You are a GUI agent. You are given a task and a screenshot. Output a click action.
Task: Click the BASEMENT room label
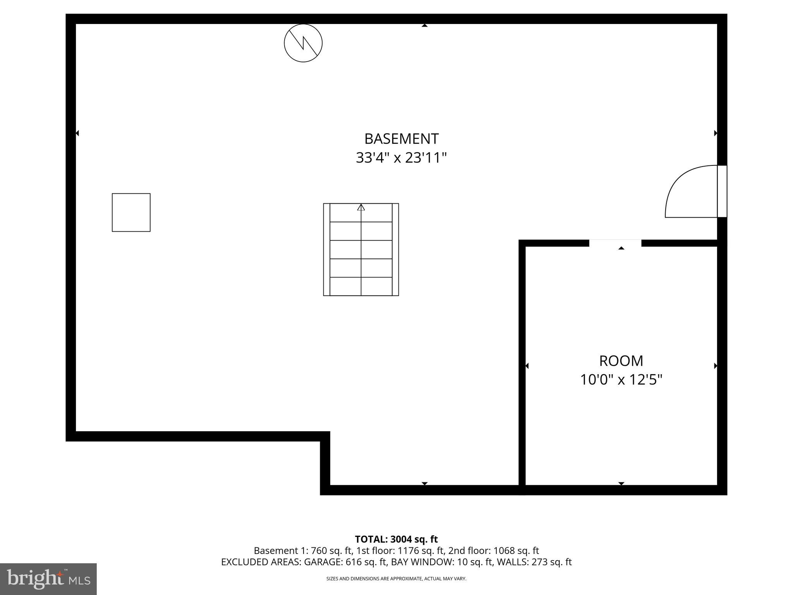click(401, 139)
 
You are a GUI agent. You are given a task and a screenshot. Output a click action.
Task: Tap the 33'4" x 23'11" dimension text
click(401, 158)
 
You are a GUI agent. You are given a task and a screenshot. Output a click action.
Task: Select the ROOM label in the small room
click(621, 361)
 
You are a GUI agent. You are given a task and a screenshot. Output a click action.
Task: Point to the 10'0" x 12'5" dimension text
click(621, 380)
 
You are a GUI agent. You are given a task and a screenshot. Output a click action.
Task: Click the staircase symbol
click(361, 250)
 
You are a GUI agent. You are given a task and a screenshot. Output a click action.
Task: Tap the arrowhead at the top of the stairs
click(361, 207)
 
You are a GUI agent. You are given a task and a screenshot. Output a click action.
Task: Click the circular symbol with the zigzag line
click(303, 43)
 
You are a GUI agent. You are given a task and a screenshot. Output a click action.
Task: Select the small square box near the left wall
click(131, 212)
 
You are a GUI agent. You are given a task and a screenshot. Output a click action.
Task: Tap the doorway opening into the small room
click(615, 243)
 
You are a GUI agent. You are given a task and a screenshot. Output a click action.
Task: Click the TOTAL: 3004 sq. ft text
click(396, 539)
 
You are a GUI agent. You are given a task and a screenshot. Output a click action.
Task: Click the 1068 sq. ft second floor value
click(516, 551)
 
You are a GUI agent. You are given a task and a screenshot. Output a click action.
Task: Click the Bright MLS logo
click(48, 579)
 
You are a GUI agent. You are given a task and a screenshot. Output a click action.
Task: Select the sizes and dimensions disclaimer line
click(396, 579)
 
